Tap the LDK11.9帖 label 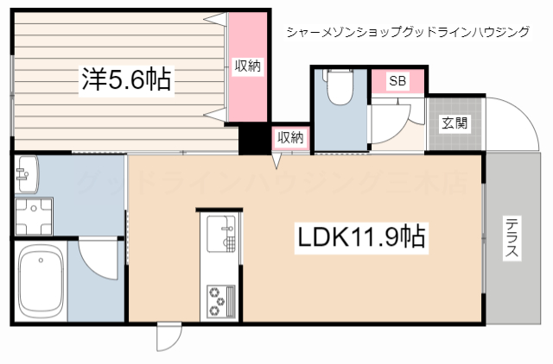362,237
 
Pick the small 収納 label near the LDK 290,137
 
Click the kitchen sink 221,232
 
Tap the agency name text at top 407,32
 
